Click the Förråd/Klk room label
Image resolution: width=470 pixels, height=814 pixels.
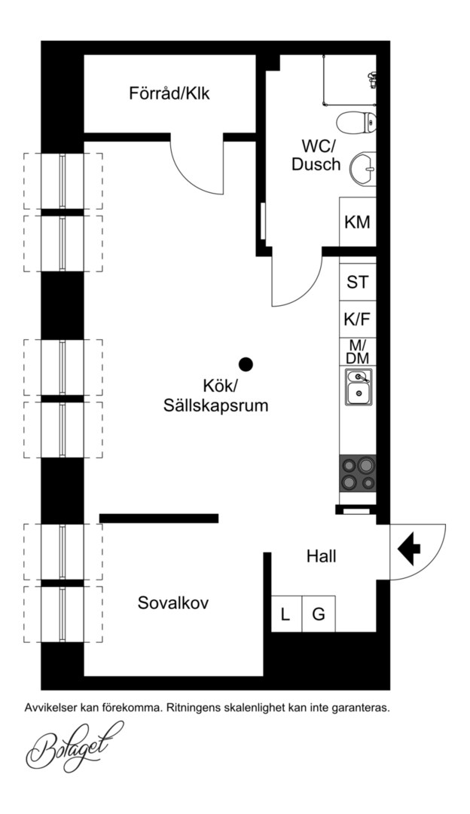click(x=169, y=94)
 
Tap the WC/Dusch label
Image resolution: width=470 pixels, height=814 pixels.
click(x=316, y=155)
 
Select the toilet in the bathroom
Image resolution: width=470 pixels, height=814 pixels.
click(x=356, y=123)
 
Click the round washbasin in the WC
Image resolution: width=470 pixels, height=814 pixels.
click(x=362, y=169)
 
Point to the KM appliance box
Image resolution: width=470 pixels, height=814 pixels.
click(x=358, y=222)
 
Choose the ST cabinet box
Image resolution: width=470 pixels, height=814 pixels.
click(x=358, y=282)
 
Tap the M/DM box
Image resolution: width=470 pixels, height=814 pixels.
click(x=358, y=352)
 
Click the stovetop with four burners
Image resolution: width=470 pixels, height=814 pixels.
click(x=358, y=473)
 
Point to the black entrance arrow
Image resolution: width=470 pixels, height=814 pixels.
click(x=409, y=548)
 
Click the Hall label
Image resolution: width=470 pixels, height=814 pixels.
click(x=321, y=556)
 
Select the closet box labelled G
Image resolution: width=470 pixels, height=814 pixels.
click(x=319, y=614)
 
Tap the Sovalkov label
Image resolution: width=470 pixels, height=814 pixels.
click(x=172, y=603)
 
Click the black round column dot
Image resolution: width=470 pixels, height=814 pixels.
click(x=246, y=365)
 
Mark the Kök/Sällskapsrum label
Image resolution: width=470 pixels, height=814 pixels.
click(x=216, y=396)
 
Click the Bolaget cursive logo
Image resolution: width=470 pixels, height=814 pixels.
click(x=74, y=748)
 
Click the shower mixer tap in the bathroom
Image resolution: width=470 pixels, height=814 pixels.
click(x=371, y=78)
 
